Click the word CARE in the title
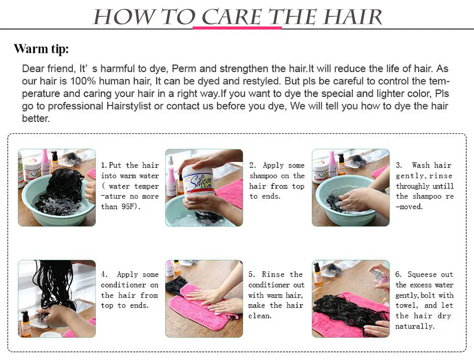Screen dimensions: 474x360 tap(231, 17)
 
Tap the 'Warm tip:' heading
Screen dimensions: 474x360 tap(41, 49)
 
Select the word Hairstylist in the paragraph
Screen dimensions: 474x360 tap(129, 106)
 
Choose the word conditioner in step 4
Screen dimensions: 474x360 tap(123, 285)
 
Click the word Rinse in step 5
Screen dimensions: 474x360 tap(273, 274)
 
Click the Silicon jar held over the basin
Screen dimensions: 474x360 tap(199, 183)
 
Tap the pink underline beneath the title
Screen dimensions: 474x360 tap(238, 28)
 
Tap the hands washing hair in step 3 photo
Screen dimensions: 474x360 tap(354, 199)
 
